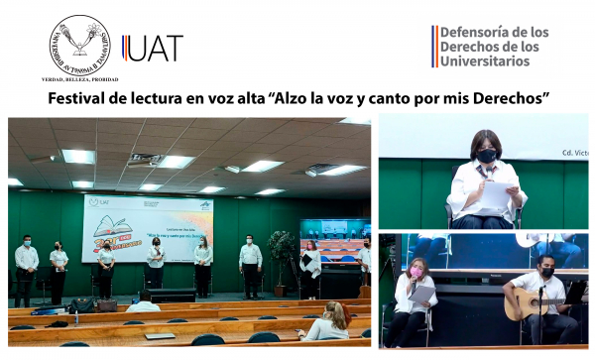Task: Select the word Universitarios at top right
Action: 484,61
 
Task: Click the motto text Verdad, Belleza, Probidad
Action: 79,78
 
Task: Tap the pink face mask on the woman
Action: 416,273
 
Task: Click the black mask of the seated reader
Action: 486,155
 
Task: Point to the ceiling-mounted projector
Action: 145,161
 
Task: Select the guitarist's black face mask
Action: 546,272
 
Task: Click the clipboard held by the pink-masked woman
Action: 421,296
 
